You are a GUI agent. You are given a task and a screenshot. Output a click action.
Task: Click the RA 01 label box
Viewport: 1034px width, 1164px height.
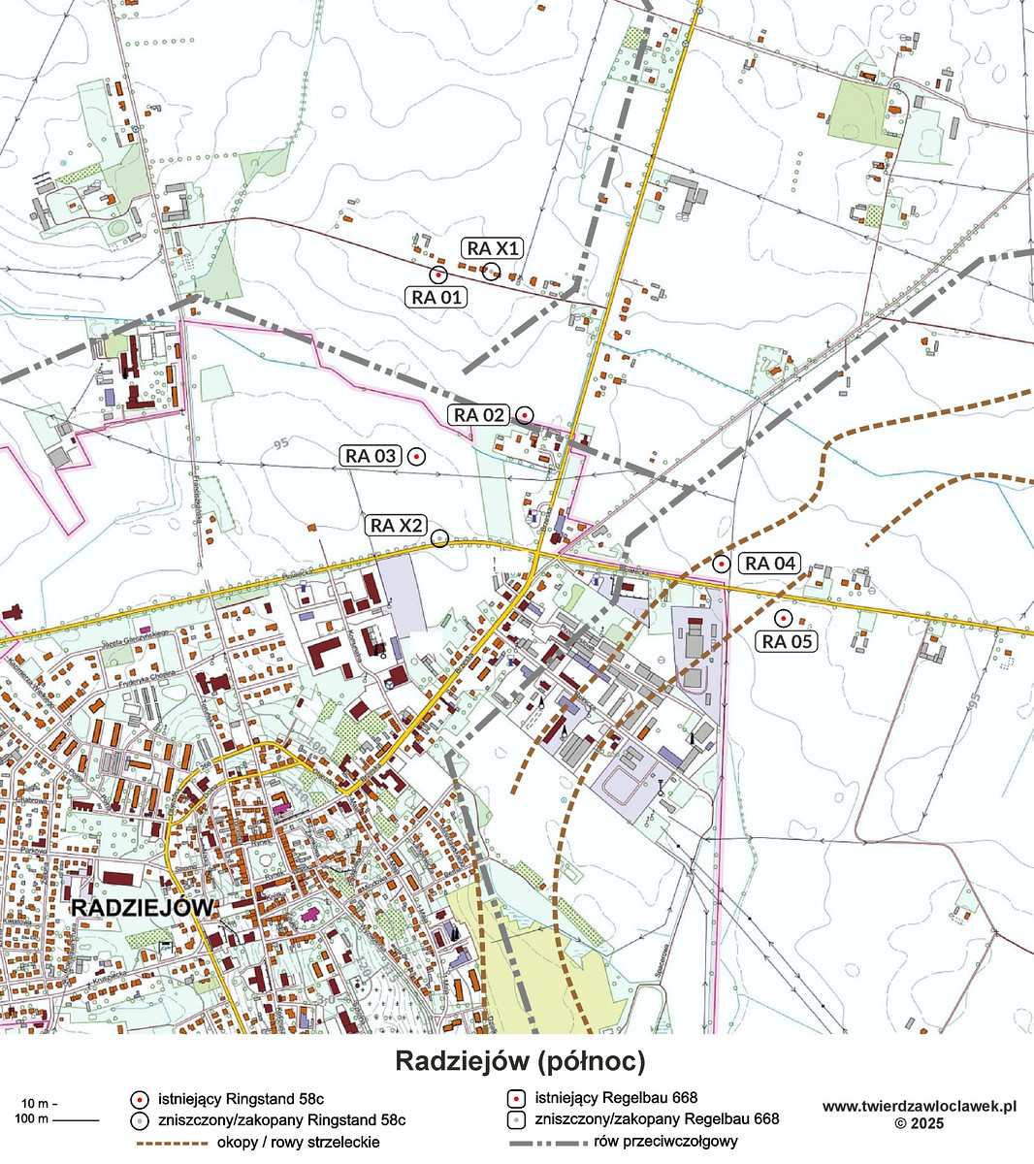pyautogui.click(x=436, y=298)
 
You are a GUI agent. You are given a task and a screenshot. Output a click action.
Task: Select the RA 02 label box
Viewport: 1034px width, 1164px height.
pyautogui.click(x=479, y=415)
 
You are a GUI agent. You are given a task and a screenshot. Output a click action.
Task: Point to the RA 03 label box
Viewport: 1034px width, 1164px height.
pyautogui.click(x=371, y=456)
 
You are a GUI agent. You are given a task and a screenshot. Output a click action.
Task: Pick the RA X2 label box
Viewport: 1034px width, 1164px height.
pyautogui.click(x=397, y=526)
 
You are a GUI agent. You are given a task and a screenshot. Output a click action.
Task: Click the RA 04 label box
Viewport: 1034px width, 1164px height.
pyautogui.click(x=770, y=564)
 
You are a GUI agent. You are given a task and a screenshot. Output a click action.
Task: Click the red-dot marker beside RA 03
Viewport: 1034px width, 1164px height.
pyautogui.click(x=416, y=456)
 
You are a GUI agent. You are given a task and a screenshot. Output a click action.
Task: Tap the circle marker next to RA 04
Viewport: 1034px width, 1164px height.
pyautogui.click(x=721, y=564)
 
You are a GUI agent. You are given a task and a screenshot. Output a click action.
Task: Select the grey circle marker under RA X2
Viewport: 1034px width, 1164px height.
pyautogui.click(x=439, y=538)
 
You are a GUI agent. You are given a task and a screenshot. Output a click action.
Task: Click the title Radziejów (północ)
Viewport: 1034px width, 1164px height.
pyautogui.click(x=519, y=1061)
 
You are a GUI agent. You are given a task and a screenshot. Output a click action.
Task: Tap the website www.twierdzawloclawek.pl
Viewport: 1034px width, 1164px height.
pyautogui.click(x=919, y=1106)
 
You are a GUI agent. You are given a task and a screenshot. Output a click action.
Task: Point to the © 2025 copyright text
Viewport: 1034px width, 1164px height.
pyautogui.click(x=919, y=1123)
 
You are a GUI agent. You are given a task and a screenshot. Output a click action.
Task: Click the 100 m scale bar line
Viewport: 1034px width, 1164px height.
pyautogui.click(x=76, y=1120)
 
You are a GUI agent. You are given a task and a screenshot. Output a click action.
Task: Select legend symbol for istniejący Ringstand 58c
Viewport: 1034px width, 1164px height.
pyautogui.click(x=140, y=1099)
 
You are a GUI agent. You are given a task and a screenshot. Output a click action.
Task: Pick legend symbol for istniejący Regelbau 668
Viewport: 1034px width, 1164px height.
pyautogui.click(x=517, y=1099)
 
